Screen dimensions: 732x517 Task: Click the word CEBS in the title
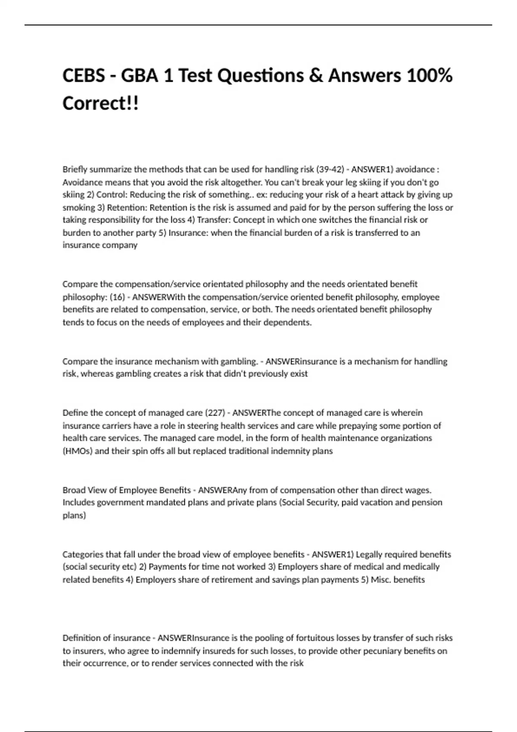tap(83, 76)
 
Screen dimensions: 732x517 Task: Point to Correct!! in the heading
tap(100, 103)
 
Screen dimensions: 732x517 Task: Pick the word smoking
tap(78, 208)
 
